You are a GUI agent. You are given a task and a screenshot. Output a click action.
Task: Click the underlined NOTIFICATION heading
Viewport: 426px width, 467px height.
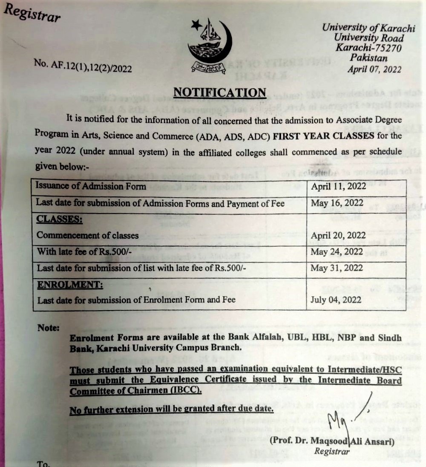[220, 92]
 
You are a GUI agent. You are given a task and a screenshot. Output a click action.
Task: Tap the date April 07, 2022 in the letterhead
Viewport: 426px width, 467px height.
[374, 70]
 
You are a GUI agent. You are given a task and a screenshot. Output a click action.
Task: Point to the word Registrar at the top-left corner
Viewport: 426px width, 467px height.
[32, 14]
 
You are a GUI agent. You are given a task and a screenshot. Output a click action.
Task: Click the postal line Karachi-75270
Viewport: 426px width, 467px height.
[368, 48]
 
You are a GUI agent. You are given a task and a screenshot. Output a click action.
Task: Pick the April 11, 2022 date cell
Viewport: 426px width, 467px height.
[339, 187]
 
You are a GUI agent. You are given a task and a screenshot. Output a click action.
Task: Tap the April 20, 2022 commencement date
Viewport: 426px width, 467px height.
[339, 235]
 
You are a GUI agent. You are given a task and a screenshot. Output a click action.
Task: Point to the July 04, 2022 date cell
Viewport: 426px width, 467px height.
[337, 300]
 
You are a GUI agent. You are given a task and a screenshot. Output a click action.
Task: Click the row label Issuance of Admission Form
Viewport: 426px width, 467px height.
[91, 186]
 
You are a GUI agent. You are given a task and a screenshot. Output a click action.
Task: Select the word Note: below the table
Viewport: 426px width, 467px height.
[48, 328]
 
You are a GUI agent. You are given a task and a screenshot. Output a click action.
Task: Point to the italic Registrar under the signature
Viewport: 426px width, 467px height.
[332, 451]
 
